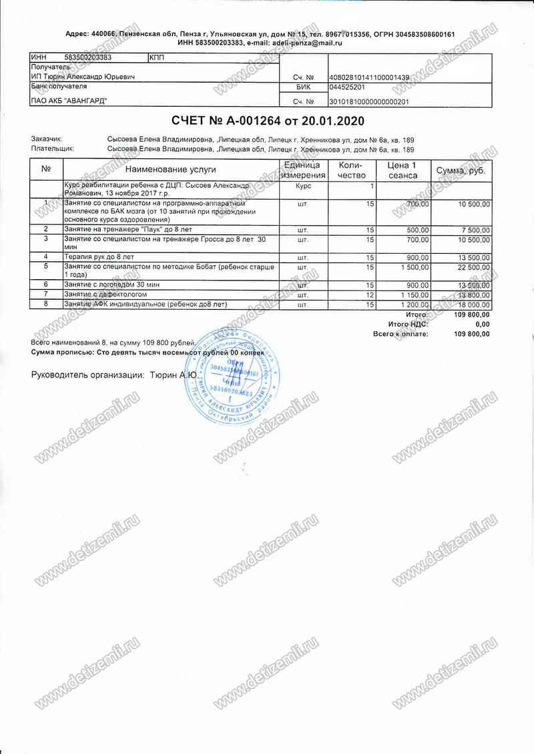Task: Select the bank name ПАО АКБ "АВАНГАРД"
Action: (x=69, y=101)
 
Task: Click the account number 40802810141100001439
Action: (x=370, y=77)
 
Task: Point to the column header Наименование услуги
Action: (x=170, y=170)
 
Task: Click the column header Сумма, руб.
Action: (x=461, y=172)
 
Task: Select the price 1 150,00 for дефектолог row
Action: (x=414, y=295)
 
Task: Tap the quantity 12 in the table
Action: (x=369, y=295)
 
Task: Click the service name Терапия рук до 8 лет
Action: (x=99, y=256)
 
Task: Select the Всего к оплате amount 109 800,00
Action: (x=471, y=333)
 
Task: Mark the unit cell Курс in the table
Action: (x=302, y=186)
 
